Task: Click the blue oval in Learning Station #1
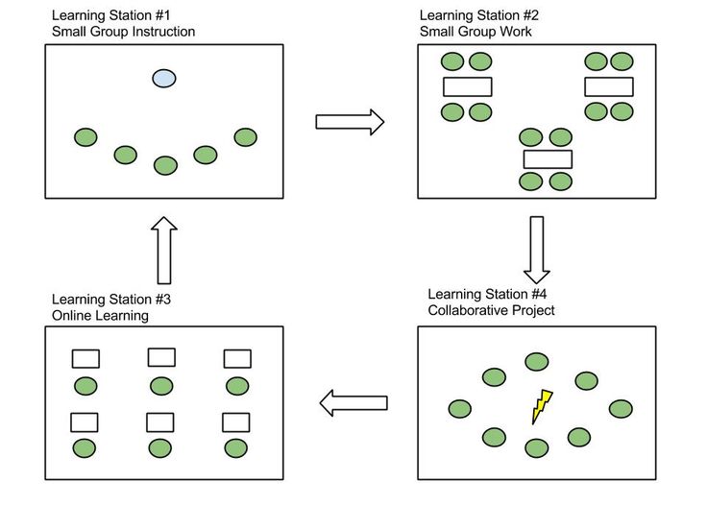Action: coord(164,79)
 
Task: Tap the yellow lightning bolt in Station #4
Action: coord(543,406)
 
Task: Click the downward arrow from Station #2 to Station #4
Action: coord(537,247)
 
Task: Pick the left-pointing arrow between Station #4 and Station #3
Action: coord(353,403)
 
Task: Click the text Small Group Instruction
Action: coord(123,32)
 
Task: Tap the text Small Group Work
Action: coord(475,32)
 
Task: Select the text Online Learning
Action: coord(100,316)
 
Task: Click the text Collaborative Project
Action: coord(491,310)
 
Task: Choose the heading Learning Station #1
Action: coord(111,15)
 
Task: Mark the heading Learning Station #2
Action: coord(479,15)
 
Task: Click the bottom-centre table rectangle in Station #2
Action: coord(548,159)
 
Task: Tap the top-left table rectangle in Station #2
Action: coord(467,86)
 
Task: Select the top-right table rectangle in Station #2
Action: coord(609,86)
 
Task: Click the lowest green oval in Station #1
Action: coord(166,166)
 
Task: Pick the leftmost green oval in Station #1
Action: coord(85,137)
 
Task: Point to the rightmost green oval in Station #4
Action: coord(622,409)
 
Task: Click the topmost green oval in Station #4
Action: coord(536,361)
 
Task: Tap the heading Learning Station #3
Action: coord(111,300)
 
